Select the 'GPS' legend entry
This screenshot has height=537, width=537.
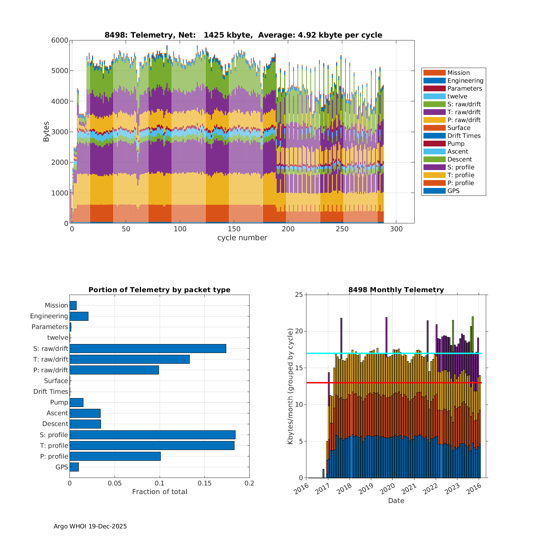453,191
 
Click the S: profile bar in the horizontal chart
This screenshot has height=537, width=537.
153,435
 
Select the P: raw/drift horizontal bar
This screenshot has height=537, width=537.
114,370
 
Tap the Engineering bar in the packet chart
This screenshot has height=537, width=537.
79,316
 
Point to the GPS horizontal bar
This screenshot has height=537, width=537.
74,467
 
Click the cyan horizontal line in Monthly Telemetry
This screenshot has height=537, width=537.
394,353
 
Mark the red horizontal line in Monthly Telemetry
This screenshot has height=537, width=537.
394,383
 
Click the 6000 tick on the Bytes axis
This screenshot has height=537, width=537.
60,40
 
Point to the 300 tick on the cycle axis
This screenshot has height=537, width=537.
396,229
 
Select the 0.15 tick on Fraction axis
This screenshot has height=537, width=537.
204,483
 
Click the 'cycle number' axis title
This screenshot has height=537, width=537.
242,238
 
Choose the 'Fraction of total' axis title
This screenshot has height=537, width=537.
159,492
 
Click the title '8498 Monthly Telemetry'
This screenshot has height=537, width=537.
396,290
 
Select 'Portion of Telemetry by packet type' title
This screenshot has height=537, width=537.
159,290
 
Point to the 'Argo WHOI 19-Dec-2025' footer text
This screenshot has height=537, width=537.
90,526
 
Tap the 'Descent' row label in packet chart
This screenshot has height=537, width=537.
55,424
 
